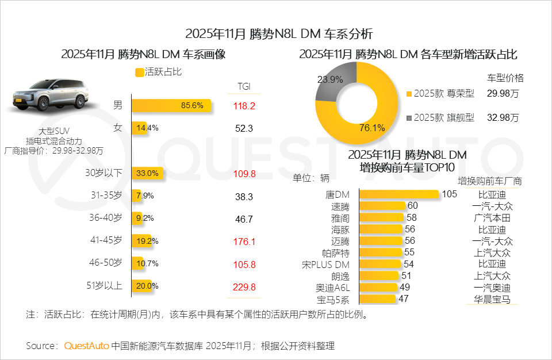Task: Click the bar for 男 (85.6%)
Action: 171,106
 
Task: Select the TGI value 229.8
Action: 244,286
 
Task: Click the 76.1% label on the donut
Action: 371,128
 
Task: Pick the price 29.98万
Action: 502,93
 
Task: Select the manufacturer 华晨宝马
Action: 492,299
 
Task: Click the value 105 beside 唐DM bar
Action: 449,194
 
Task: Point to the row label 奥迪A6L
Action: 333,288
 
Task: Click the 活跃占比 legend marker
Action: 139,72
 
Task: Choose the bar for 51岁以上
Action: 141,286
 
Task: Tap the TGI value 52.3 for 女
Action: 244,128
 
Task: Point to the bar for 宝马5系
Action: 377,299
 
